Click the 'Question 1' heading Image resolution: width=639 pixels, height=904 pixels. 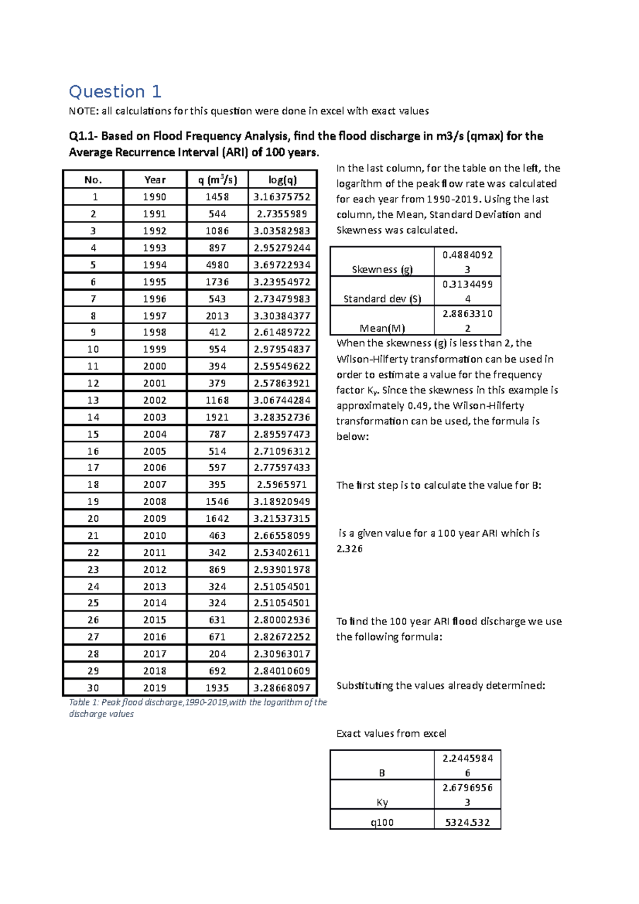(x=114, y=92)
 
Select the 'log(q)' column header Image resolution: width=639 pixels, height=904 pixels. (x=282, y=180)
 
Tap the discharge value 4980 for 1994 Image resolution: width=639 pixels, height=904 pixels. (x=217, y=265)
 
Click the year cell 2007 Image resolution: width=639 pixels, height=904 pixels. (x=154, y=484)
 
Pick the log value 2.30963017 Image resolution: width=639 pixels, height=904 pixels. (x=282, y=654)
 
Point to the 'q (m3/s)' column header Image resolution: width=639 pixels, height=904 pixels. (x=217, y=180)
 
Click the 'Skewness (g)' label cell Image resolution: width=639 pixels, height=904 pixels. (x=382, y=269)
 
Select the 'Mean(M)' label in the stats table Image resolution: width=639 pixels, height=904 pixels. (x=382, y=328)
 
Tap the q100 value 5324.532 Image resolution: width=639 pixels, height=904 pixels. (x=467, y=822)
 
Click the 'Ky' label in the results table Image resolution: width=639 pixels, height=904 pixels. (x=382, y=802)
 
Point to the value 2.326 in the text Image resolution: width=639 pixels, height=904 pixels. (x=349, y=549)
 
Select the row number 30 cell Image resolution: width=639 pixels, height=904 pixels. (x=93, y=688)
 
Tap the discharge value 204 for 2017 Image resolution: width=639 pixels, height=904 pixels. (x=217, y=654)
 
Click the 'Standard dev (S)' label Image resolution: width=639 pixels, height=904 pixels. (x=382, y=299)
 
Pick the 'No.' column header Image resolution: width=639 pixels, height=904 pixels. (x=93, y=180)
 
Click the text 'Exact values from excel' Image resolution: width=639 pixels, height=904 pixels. (x=391, y=734)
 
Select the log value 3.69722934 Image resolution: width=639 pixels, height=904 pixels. (x=282, y=265)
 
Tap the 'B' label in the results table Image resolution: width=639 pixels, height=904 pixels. (x=382, y=773)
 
